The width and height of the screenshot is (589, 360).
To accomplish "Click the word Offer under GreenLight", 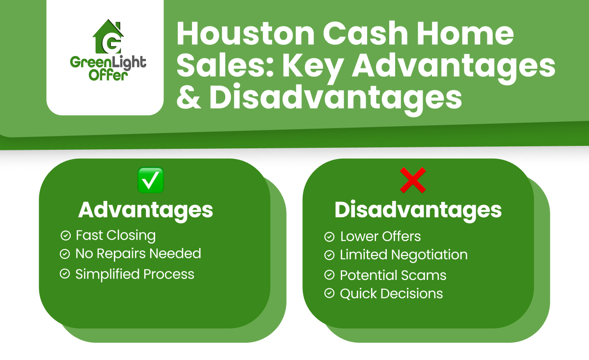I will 105,75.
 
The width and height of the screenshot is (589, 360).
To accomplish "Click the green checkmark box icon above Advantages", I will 151,180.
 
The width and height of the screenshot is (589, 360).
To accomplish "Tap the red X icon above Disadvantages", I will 413,180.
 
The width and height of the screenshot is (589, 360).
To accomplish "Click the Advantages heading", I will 146,210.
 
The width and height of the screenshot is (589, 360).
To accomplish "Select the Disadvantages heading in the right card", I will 418,210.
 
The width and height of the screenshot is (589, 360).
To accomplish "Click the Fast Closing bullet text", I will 115,235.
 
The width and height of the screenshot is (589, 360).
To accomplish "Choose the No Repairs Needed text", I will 138,254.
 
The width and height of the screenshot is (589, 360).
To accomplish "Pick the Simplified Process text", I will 134,274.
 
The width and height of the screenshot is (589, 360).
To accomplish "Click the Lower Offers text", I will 380,236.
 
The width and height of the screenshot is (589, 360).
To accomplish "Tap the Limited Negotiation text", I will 403,255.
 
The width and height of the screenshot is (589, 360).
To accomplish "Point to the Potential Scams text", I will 393,275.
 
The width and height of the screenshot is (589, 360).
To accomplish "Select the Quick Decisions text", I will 391,294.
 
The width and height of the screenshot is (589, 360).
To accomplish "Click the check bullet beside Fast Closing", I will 65,235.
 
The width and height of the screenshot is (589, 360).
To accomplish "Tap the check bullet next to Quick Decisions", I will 329,294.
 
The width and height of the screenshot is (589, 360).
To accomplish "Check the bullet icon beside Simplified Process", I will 65,274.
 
